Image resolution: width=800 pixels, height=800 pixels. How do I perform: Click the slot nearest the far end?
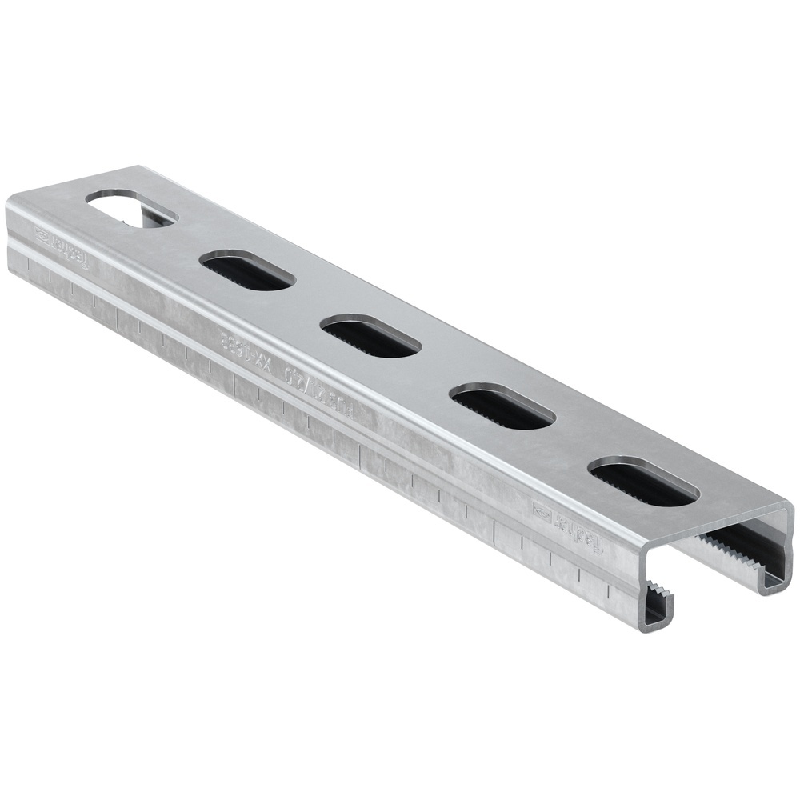[x=131, y=207]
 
